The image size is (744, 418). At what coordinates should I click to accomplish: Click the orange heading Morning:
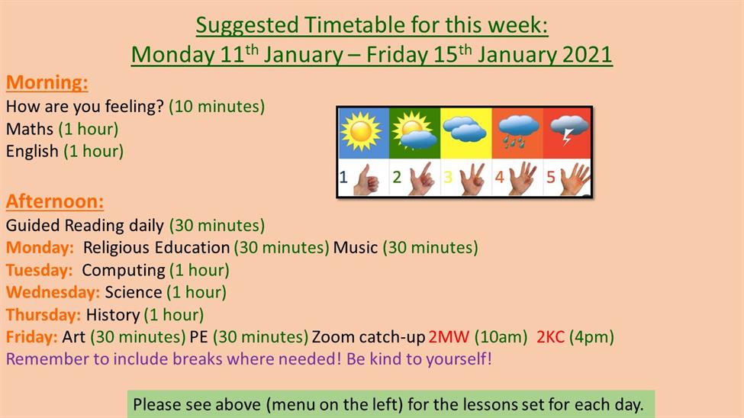click(47, 82)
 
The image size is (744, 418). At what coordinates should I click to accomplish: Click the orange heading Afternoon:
click(55, 201)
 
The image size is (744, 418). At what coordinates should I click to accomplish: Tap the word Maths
click(30, 129)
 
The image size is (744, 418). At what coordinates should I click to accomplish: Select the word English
click(32, 151)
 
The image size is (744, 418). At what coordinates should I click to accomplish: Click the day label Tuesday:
click(40, 270)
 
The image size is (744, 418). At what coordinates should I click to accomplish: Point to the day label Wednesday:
click(53, 292)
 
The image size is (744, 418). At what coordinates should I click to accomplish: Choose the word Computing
click(124, 271)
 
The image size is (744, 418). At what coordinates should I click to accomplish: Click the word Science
click(134, 292)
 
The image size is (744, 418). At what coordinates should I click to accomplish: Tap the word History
click(112, 314)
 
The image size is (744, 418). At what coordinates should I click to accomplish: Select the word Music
click(356, 247)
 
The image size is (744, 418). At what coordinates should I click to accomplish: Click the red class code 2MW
click(449, 337)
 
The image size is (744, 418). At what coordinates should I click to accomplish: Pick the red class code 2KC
click(550, 337)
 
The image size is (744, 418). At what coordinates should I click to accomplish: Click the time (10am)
click(501, 337)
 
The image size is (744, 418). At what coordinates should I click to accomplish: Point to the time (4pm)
click(591, 337)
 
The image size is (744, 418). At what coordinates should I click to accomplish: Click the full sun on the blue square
click(361, 131)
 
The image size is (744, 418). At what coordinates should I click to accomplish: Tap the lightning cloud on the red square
click(569, 129)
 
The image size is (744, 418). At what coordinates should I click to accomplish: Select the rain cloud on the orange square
click(519, 130)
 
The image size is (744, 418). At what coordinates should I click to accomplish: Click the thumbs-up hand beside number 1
click(366, 179)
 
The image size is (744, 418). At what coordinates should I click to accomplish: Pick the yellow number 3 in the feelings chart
click(448, 177)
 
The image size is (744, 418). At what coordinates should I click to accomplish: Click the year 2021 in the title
click(587, 55)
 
